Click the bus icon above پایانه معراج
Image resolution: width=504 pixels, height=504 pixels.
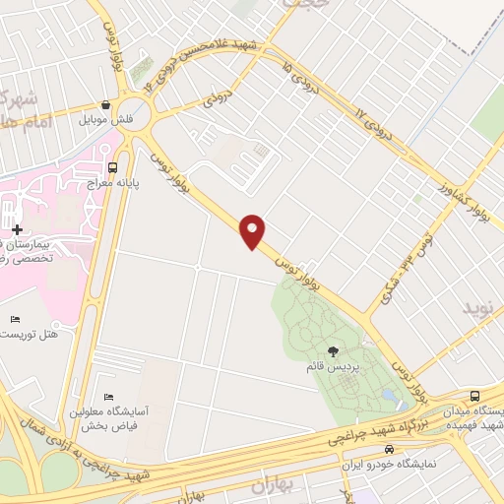(112, 165)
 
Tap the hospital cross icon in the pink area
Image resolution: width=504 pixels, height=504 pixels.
(17, 229)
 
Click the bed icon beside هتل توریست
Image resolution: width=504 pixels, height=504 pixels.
(14, 319)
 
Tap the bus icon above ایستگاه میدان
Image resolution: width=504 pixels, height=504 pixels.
(475, 395)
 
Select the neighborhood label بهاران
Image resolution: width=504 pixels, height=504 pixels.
(273, 485)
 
